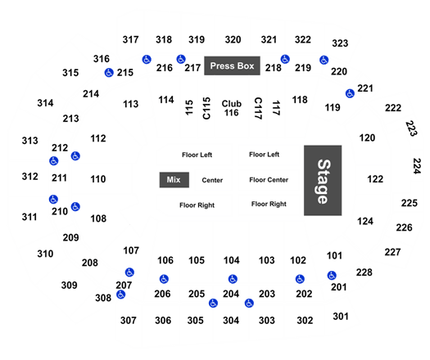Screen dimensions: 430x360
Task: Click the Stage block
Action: click(323, 180)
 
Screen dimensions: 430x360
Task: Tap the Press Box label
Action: click(232, 65)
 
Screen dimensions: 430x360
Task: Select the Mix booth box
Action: click(174, 180)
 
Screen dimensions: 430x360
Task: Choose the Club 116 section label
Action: click(232, 108)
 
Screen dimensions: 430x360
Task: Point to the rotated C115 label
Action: click(206, 108)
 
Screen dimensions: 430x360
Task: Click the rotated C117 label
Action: click(258, 108)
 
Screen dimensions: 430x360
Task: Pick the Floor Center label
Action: click(269, 180)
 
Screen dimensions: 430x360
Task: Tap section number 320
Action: click(233, 40)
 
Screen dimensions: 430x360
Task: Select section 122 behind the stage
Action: click(375, 179)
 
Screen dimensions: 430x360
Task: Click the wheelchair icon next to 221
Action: click(350, 93)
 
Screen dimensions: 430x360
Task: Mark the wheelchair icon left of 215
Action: click(109, 73)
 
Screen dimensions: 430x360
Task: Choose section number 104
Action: click(232, 260)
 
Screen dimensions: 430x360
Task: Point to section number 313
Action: click(29, 141)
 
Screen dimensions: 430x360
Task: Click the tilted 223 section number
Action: click(411, 128)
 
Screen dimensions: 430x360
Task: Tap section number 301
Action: click(341, 317)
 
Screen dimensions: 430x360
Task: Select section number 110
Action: click(98, 179)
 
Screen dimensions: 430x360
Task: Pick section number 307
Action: click(129, 320)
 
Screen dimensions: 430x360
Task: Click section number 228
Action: click(364, 272)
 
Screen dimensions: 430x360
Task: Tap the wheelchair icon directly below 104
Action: click(233, 279)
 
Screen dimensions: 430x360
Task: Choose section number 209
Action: click(70, 237)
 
